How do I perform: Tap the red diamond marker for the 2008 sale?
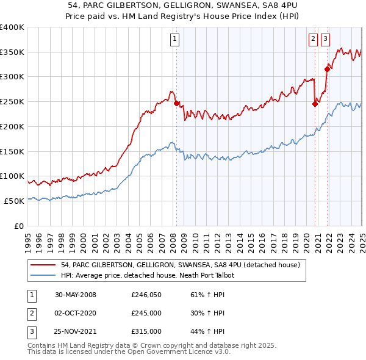coord(176,104)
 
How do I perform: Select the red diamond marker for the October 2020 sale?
coord(315,104)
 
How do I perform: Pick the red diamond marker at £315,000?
coord(328,69)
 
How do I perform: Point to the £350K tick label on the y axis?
coord(12,52)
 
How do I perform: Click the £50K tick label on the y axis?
coord(14,201)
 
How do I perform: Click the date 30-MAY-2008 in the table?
coord(76,295)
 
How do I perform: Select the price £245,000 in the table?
coord(146,313)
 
